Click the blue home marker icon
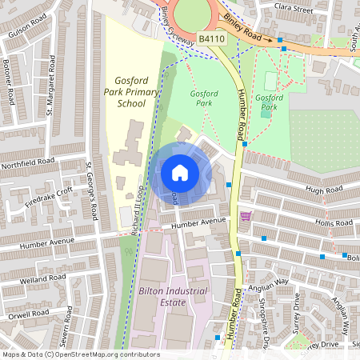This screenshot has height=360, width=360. [x=180, y=172]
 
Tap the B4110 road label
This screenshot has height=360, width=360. [x=211, y=38]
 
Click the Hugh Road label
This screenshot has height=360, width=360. [x=322, y=189]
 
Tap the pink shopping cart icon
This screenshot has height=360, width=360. [x=246, y=217]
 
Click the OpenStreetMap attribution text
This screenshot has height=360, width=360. [x=80, y=354]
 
